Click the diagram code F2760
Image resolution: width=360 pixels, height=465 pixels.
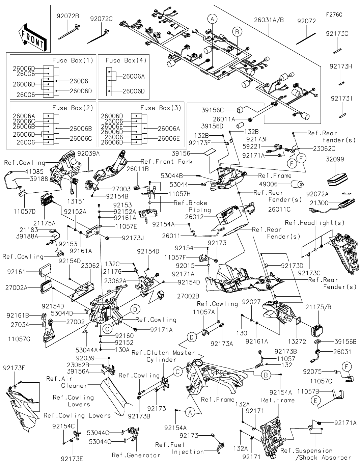[x=334, y=15]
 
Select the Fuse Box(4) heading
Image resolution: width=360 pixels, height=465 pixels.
[x=121, y=60]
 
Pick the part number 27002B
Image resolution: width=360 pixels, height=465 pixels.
[x=188, y=296]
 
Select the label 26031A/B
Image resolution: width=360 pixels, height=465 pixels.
[x=269, y=20]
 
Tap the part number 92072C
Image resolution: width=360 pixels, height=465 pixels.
[x=101, y=19]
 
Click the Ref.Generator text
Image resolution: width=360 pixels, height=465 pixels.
[x=136, y=455]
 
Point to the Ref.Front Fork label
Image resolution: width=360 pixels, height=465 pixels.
[x=167, y=161]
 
